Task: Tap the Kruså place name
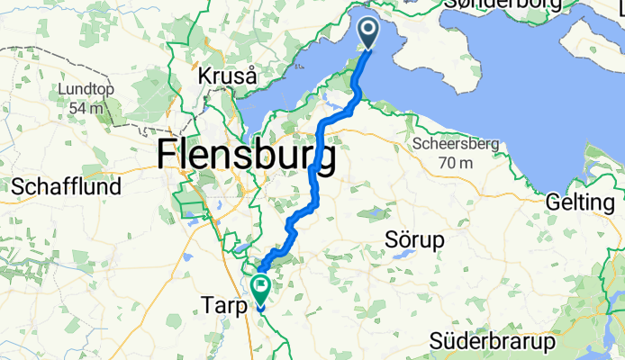point(228,76)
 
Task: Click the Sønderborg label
point(501,5)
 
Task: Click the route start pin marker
point(370,34)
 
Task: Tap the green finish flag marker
point(261,289)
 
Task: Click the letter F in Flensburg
point(167,157)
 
